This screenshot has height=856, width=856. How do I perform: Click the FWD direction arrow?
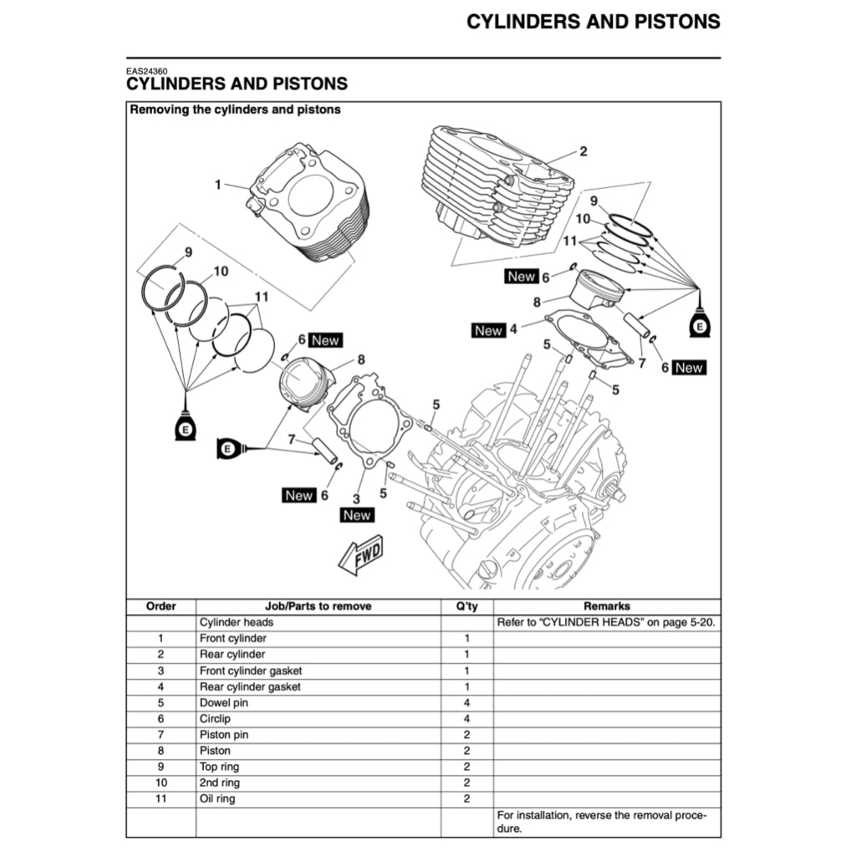click(x=361, y=555)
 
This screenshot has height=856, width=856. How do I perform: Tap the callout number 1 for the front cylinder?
click(x=218, y=184)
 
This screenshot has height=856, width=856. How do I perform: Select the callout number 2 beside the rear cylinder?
click(x=583, y=151)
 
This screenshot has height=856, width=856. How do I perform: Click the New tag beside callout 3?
click(x=357, y=515)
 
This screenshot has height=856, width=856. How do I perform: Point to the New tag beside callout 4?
click(x=488, y=330)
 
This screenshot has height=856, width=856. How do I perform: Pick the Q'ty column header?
click(x=466, y=606)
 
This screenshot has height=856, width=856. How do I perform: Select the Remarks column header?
click(x=606, y=606)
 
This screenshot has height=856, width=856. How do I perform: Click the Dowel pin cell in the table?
click(x=224, y=703)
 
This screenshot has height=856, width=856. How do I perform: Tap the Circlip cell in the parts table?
click(x=215, y=719)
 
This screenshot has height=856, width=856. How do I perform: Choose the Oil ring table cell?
click(x=217, y=799)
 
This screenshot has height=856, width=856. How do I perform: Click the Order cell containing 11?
click(x=160, y=799)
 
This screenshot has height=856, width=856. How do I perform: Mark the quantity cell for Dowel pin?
click(x=466, y=703)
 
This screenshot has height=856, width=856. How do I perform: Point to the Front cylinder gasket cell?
click(x=251, y=670)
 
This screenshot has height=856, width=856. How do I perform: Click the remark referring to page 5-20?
click(x=606, y=622)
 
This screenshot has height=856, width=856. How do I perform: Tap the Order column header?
click(x=160, y=606)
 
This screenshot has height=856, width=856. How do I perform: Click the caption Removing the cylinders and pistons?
click(x=235, y=110)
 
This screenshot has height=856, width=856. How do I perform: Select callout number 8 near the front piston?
click(x=361, y=360)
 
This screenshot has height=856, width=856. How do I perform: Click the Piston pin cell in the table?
click(x=224, y=735)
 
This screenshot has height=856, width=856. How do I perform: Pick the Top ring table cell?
click(x=219, y=767)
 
